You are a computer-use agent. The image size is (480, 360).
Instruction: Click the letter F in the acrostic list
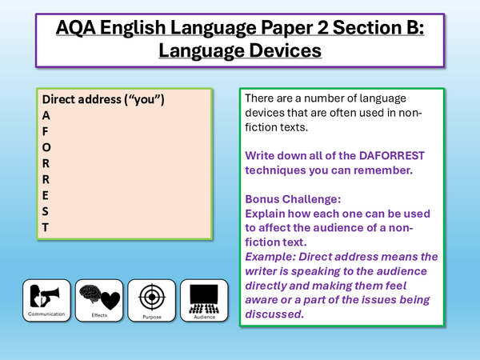(46, 132)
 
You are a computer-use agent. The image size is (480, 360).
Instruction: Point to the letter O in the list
(46, 148)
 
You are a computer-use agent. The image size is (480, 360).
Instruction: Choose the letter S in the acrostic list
(46, 211)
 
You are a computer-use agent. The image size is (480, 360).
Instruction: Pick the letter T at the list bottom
(46, 227)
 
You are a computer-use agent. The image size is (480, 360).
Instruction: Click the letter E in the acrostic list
(46, 196)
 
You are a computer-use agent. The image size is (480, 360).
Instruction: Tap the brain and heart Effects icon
(98, 298)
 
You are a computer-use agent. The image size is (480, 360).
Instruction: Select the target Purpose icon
(151, 298)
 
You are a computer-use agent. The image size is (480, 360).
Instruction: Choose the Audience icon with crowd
(204, 298)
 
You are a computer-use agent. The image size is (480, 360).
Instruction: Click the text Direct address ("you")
(102, 100)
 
